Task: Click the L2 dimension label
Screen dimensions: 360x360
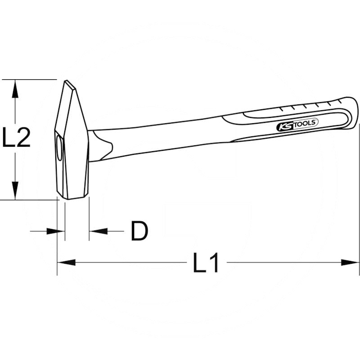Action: point(17,138)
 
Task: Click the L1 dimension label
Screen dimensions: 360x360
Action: point(206,263)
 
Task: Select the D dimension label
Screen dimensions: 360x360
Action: point(139,231)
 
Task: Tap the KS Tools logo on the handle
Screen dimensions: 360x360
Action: point(297,124)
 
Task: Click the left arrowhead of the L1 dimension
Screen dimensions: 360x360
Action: point(66,262)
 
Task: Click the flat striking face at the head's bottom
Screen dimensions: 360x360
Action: point(73,196)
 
